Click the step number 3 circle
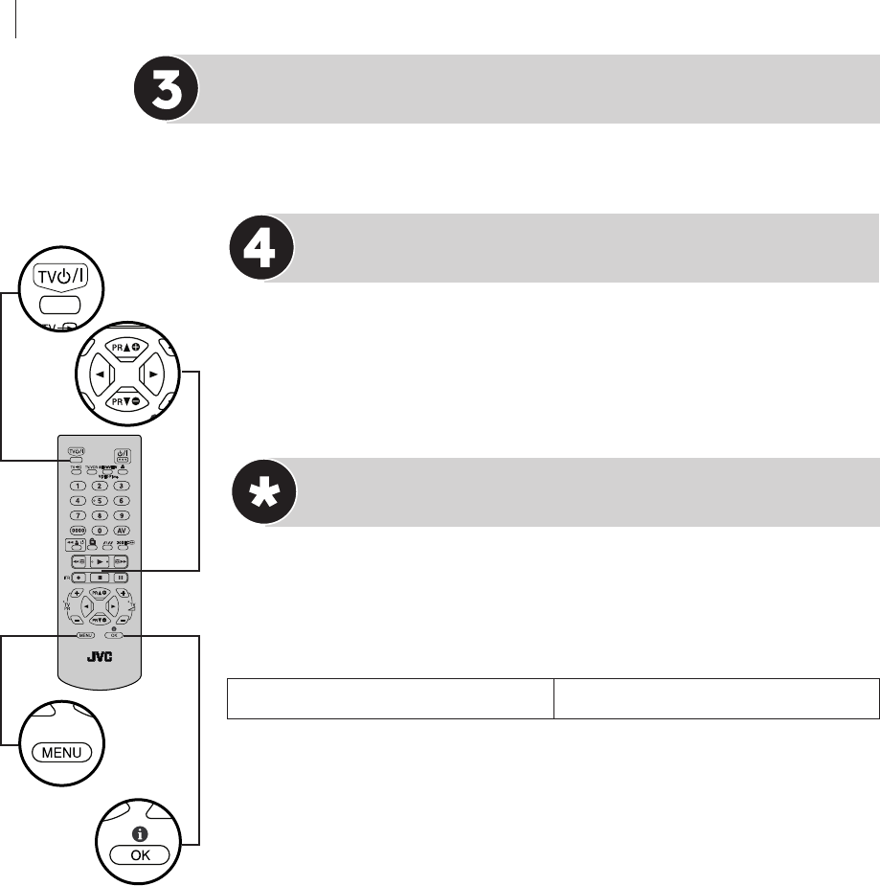(167, 88)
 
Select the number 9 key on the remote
(122, 515)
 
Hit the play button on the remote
(101, 562)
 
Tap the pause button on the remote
(122, 578)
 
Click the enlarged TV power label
(64, 277)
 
